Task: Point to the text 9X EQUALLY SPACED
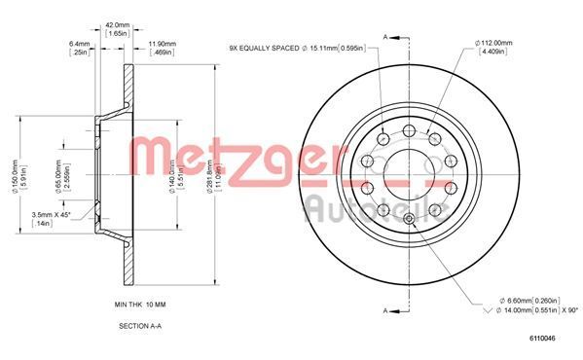coord(263,48)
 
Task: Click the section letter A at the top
coord(384,36)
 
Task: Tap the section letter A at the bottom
coord(384,309)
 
